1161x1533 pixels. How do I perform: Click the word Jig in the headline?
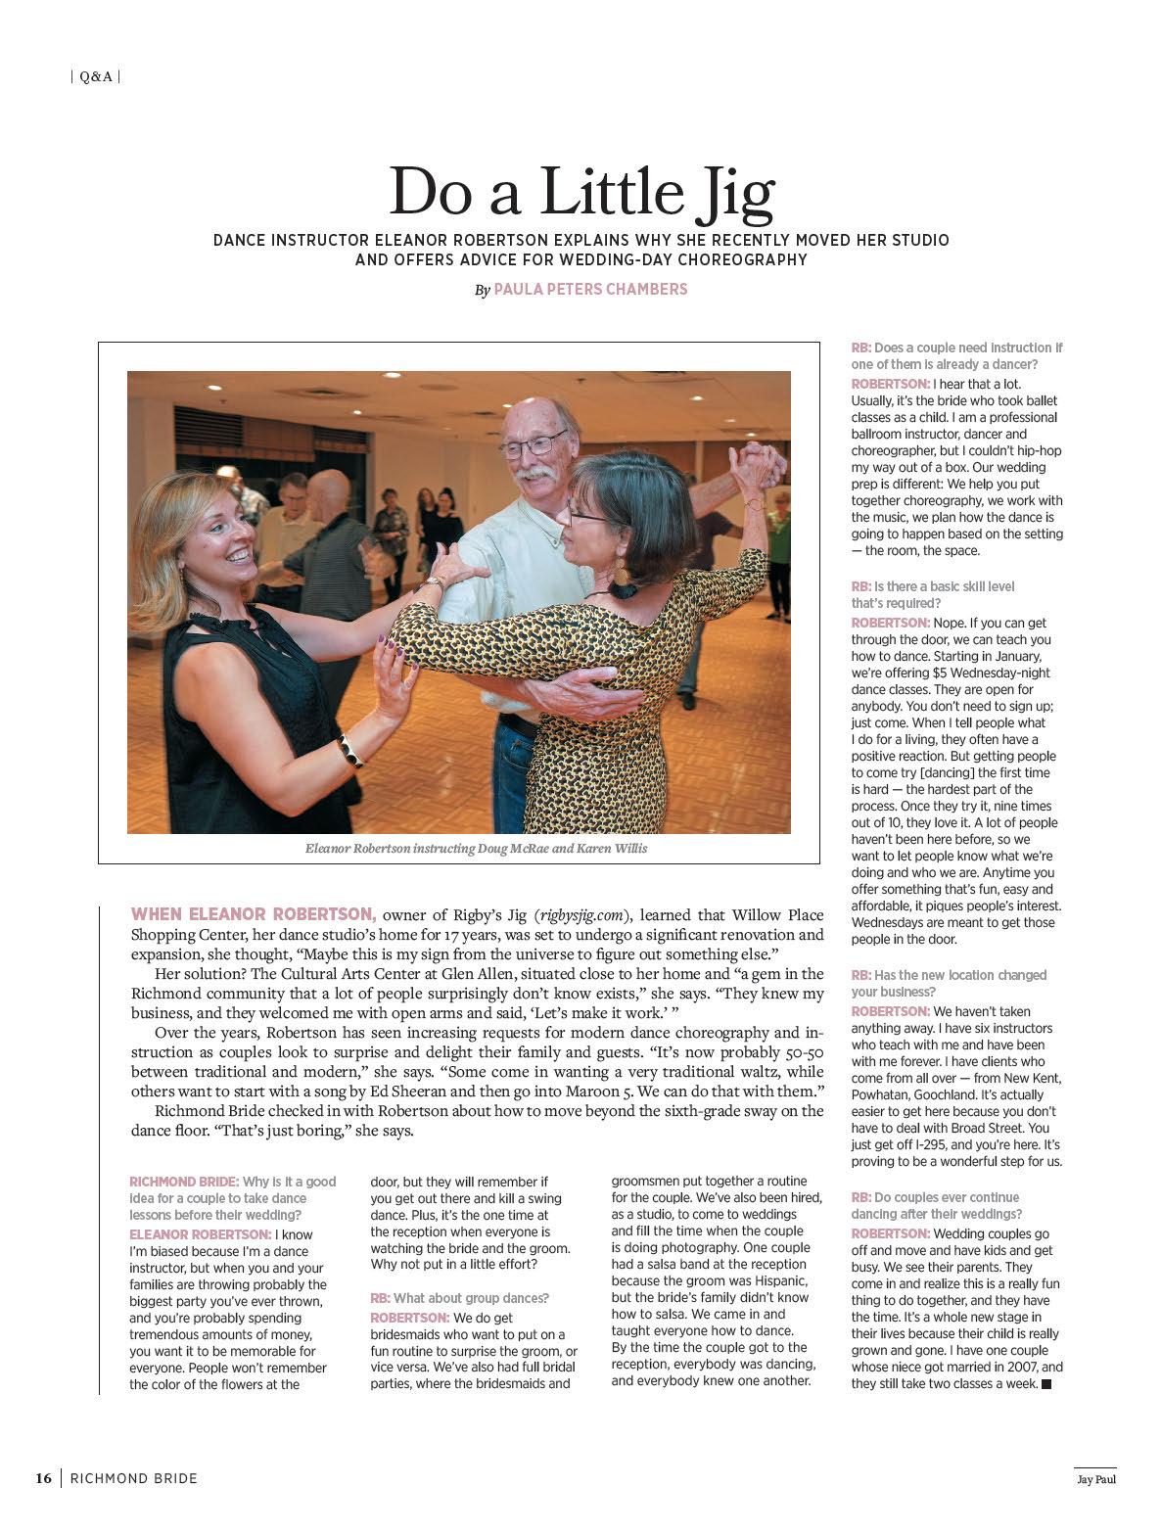(x=726, y=193)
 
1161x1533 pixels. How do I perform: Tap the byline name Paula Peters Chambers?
(x=590, y=290)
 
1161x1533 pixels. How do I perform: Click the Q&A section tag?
(x=96, y=76)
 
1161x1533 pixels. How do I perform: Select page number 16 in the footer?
(x=43, y=1478)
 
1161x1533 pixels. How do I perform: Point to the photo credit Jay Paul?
(x=1090, y=1479)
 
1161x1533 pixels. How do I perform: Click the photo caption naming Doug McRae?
(x=476, y=849)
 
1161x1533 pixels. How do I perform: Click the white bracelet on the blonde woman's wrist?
(x=349, y=752)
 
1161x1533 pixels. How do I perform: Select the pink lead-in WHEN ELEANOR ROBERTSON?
(x=254, y=914)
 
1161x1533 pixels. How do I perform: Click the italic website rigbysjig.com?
(x=580, y=915)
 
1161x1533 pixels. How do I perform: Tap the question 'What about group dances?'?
(x=459, y=1298)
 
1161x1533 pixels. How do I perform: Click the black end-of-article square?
(x=1045, y=1384)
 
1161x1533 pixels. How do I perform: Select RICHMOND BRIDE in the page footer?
(x=133, y=1478)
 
